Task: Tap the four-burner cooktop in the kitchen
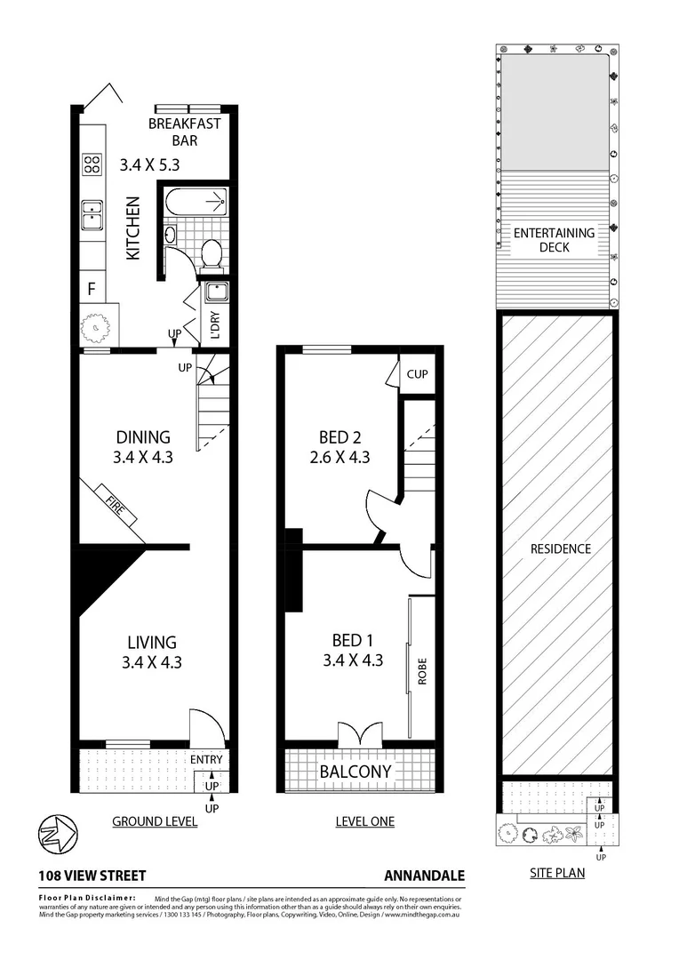[92, 164]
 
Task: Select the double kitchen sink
[92, 214]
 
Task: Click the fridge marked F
[91, 288]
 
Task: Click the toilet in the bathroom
[212, 254]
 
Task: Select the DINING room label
[143, 436]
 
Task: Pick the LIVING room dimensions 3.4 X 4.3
[151, 660]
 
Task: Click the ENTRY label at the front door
[206, 759]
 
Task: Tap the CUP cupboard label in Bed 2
[417, 374]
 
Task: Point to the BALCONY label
[355, 772]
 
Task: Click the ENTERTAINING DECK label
[555, 240]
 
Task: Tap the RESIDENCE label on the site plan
[561, 548]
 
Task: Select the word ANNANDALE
[424, 876]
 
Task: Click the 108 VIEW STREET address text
[92, 876]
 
